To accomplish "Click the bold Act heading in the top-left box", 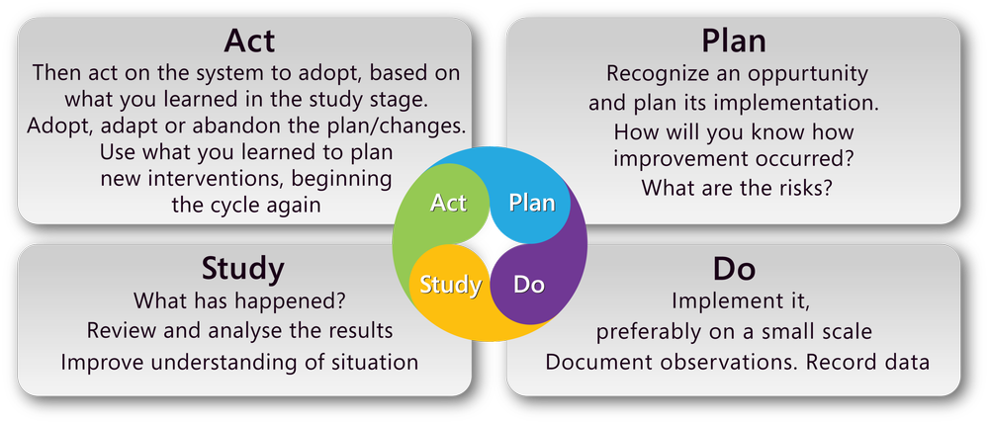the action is click(x=248, y=42).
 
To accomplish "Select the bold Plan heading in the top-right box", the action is click(x=734, y=42).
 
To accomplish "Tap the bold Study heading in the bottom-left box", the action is click(x=242, y=268).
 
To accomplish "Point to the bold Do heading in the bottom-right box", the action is click(x=734, y=268).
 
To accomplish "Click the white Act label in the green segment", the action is click(x=449, y=203).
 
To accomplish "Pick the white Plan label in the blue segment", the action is click(x=531, y=203).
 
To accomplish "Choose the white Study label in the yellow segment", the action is click(x=450, y=286).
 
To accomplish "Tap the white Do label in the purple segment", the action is click(x=529, y=286).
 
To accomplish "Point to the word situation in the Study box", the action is click(x=370, y=362).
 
